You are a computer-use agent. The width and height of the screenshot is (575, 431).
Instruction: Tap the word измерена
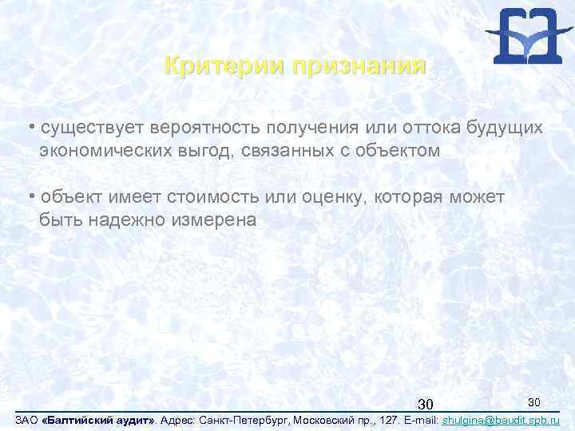pyautogui.click(x=213, y=219)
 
